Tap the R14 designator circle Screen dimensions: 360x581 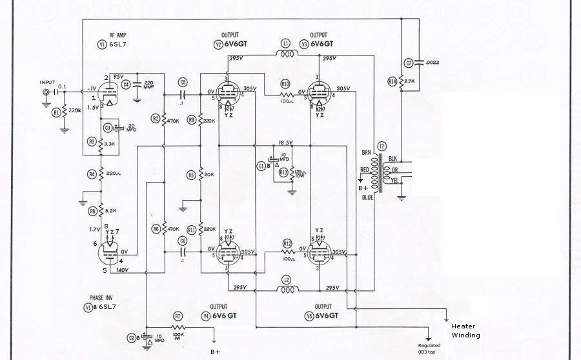coord(391,82)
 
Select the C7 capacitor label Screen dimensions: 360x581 coord(408,63)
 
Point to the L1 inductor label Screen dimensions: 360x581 coord(285,43)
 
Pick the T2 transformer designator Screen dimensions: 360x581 coord(382,146)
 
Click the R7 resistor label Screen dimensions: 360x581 coord(178,315)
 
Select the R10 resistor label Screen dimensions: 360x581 coord(285,84)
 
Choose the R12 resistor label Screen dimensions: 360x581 coord(288,243)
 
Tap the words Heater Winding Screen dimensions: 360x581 coord(465,330)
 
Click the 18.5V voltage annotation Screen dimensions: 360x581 coord(285,142)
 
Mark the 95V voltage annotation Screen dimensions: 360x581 coord(118,76)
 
